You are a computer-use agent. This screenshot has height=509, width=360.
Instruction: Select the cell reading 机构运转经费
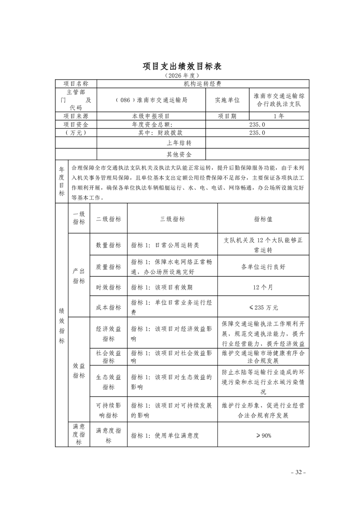click(203, 83)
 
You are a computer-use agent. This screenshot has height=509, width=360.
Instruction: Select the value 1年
click(279, 116)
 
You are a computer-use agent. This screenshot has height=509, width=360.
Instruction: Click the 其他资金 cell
click(179, 154)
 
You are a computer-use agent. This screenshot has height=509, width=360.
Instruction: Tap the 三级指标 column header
click(173, 219)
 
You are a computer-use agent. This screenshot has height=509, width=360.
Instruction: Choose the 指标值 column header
click(263, 219)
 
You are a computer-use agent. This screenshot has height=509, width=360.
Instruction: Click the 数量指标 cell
click(108, 245)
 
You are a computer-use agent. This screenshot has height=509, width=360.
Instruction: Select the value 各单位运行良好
click(263, 267)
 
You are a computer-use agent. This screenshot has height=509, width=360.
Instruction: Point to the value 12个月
click(263, 287)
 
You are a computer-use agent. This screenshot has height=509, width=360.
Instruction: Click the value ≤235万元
click(263, 307)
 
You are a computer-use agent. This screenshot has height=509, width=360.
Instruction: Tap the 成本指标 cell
click(108, 307)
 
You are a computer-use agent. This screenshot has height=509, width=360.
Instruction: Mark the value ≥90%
click(263, 436)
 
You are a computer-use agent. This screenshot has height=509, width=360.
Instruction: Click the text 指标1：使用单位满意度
click(165, 436)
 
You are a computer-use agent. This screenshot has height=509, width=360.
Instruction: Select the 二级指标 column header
click(108, 219)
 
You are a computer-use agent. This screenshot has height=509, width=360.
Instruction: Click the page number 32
click(298, 472)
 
